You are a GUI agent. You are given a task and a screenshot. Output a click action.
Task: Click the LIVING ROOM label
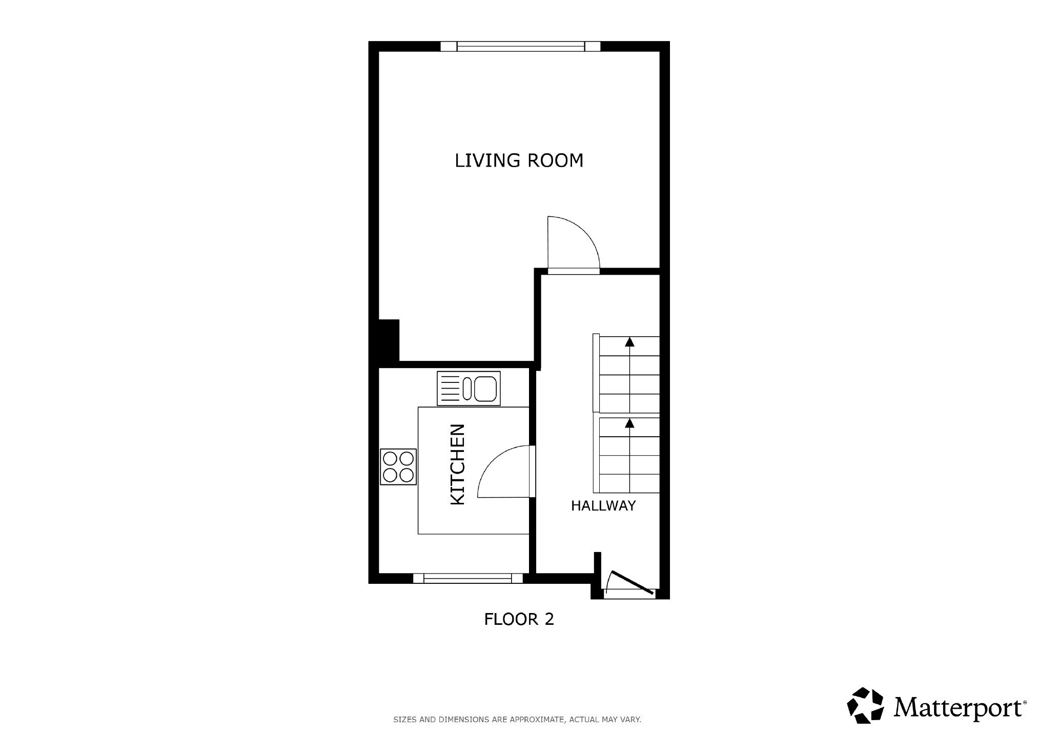(519, 160)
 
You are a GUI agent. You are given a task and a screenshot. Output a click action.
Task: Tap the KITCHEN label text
(457, 464)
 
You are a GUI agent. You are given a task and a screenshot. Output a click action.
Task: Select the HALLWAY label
(603, 506)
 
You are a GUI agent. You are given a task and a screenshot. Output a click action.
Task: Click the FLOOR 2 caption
(519, 619)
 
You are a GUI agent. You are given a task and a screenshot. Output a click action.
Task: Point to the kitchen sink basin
(484, 389)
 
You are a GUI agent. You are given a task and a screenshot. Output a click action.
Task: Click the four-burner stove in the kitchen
(398, 466)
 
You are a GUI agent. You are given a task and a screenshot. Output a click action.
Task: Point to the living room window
(520, 47)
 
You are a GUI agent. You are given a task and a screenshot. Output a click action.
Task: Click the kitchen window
(467, 578)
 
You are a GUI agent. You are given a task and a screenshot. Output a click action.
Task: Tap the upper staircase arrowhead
(629, 342)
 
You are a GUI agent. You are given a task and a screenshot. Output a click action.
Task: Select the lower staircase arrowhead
(629, 423)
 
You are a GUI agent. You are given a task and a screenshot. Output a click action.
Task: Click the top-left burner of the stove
(390, 457)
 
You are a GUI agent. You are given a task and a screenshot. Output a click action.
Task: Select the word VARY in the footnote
(631, 720)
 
